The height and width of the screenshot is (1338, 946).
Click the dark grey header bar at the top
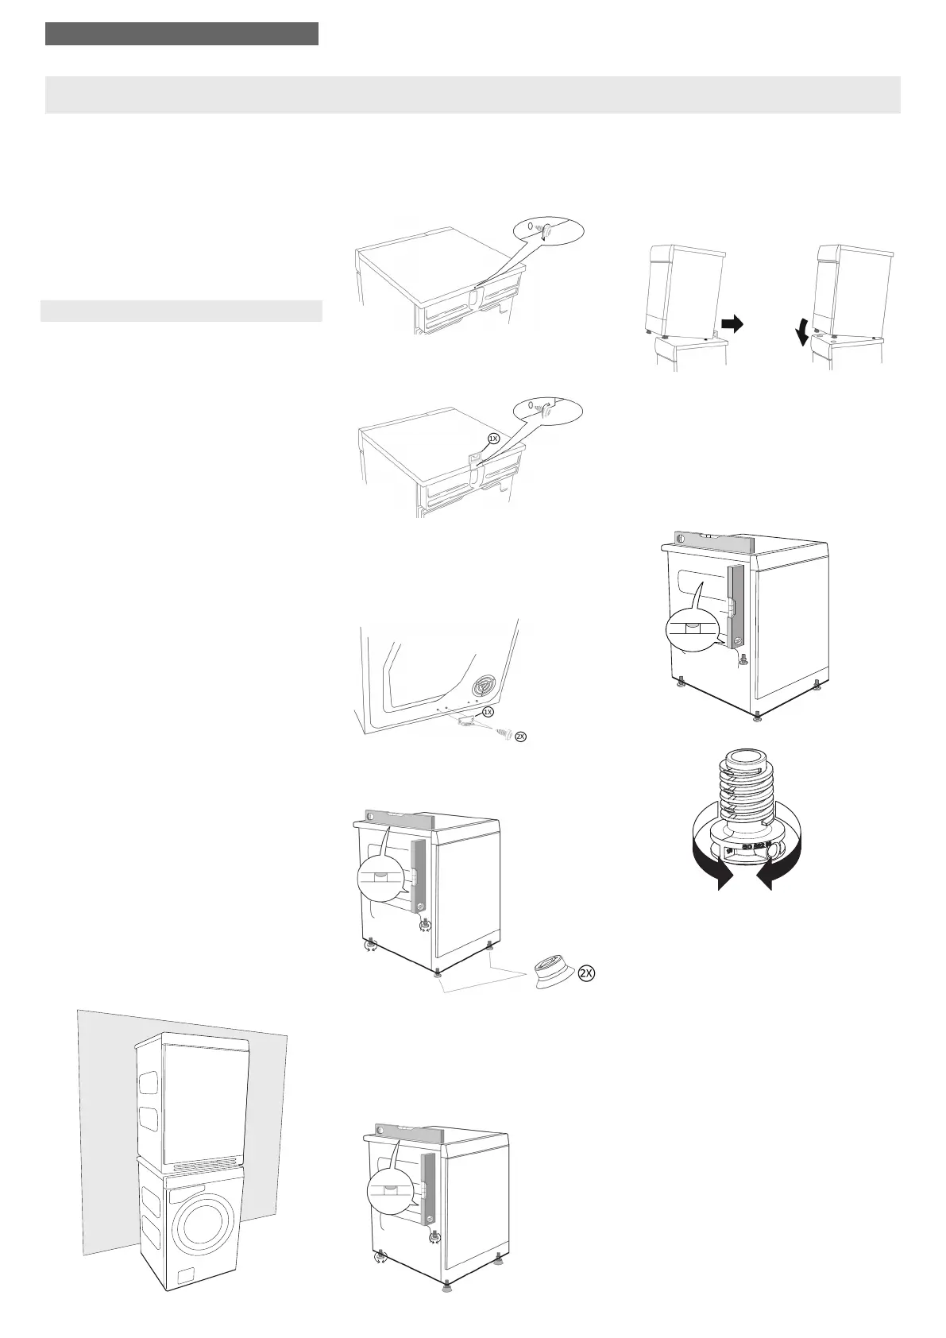(x=182, y=34)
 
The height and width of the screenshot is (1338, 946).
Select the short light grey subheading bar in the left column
(x=182, y=311)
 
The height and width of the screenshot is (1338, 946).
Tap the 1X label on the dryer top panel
(x=492, y=438)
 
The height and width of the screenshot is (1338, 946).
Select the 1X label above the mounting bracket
(x=488, y=712)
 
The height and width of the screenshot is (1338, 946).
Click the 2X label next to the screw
(x=520, y=737)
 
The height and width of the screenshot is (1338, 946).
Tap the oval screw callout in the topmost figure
(x=547, y=230)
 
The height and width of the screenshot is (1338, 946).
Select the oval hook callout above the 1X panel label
(x=547, y=409)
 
